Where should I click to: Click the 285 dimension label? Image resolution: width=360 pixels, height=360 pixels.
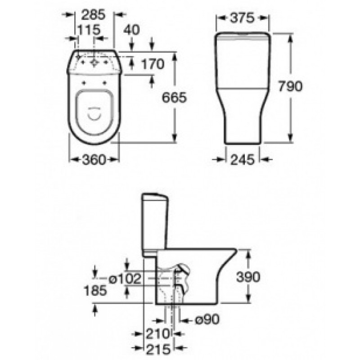coord(93,15)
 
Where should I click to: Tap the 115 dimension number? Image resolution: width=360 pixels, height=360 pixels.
coord(89,30)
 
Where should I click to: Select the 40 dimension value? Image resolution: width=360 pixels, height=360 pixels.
coord(131,30)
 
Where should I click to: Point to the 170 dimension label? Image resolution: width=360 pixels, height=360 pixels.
coord(153,64)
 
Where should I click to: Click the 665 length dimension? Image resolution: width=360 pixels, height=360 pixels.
coord(174,97)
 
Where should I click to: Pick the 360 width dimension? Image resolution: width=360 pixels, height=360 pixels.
coord(94,160)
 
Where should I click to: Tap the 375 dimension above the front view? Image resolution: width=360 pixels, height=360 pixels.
coord(243,18)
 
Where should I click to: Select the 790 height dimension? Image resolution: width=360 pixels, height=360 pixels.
coord(290,86)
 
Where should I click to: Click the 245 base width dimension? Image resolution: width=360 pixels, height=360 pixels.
coord(243,160)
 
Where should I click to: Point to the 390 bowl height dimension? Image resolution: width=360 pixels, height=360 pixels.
coord(248,277)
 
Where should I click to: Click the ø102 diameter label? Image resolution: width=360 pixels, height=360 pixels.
coord(125,279)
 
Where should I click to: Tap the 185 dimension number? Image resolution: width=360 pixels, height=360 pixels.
coord(95,290)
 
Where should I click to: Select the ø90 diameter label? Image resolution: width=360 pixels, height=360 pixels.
coord(207,319)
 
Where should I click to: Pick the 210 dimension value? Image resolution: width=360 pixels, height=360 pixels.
coord(158,334)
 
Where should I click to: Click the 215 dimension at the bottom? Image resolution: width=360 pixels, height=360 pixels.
coord(158,350)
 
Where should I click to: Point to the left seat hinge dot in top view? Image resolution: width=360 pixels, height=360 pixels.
coord(84,83)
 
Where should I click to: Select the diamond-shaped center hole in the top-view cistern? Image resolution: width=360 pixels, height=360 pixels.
coord(94,63)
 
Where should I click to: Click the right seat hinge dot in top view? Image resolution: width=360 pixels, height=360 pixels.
coord(104,83)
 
